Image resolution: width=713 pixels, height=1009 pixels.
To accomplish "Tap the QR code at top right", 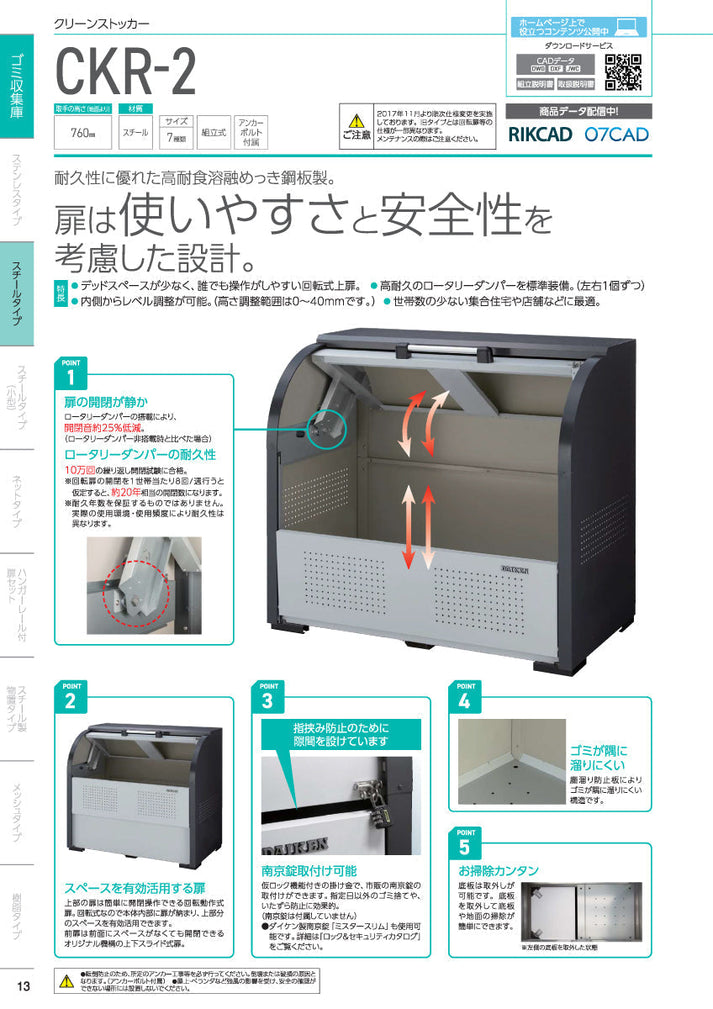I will (x=623, y=72).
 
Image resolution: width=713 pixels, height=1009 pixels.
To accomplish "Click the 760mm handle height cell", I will (x=83, y=132).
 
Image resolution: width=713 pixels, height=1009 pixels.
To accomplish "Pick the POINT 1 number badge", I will (x=71, y=377).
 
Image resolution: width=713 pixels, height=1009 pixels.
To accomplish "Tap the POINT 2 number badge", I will (x=70, y=701).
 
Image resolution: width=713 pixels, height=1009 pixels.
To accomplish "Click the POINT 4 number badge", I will (x=465, y=701).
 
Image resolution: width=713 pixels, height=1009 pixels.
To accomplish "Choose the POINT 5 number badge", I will (x=465, y=846).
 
